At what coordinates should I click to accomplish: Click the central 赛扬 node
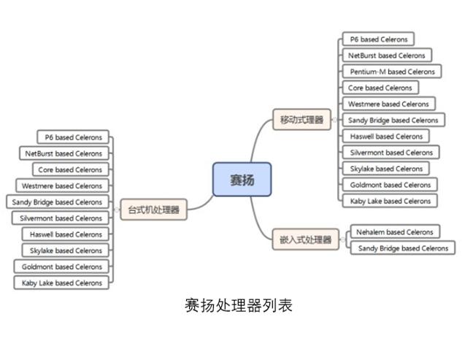pos(242,180)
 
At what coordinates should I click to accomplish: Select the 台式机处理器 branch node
pos(153,210)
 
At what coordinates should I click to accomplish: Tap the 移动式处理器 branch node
pos(301,120)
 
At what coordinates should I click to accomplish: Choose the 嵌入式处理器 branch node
pos(305,240)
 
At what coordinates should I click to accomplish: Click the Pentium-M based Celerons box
pos(391,72)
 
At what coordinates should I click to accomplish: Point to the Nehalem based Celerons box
pos(394,232)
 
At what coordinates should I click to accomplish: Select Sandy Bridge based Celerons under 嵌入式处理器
pos(403,248)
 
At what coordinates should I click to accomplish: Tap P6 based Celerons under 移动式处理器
pos(378,39)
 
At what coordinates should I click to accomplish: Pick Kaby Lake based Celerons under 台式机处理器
pos(61,283)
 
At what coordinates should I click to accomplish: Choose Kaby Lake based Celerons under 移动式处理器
pos(389,201)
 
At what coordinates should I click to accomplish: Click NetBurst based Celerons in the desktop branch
pos(63,153)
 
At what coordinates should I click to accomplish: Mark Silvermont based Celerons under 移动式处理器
pos(390,153)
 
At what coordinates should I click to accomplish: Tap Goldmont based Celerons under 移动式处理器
pos(390,185)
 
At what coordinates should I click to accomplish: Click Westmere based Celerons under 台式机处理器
pos(61,186)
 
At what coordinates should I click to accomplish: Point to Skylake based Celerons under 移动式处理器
pos(386,169)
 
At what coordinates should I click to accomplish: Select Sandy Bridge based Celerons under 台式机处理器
pos(57,202)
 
